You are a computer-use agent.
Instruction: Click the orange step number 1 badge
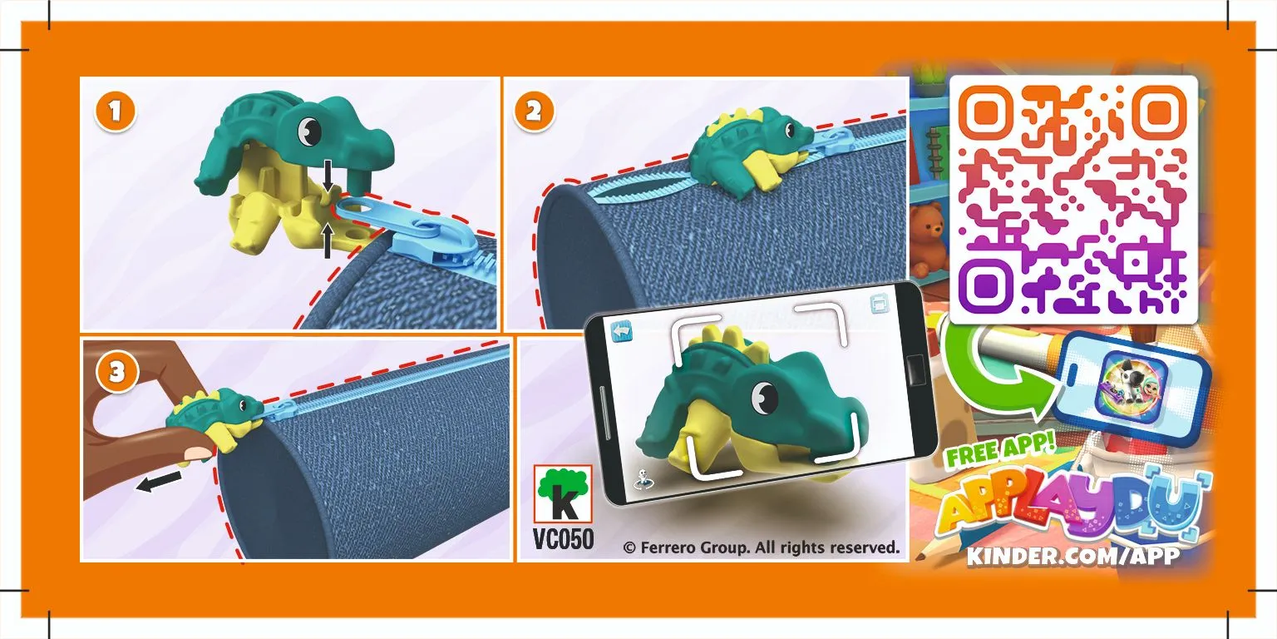coord(116,111)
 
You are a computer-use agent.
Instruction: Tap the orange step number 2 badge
coord(534,111)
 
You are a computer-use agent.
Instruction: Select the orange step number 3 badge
coord(116,372)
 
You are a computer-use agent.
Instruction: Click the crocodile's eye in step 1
coord(309,130)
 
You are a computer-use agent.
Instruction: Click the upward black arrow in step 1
coord(327,240)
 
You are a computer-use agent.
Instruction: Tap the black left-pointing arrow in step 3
coord(159,482)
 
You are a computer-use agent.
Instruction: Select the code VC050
coord(563,539)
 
